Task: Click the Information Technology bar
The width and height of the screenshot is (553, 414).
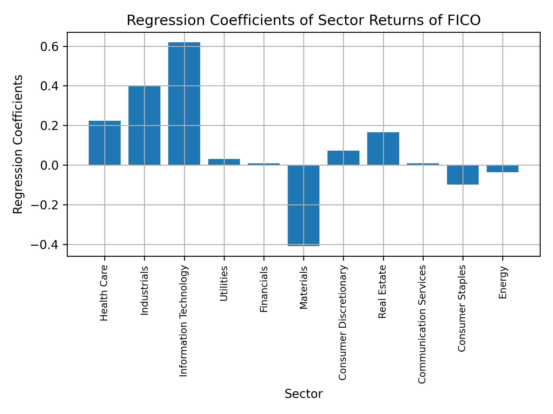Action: click(184, 103)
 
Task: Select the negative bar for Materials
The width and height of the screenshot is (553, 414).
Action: click(304, 205)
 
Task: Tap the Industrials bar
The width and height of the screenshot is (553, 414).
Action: click(144, 125)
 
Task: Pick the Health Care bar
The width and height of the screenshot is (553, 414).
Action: click(105, 143)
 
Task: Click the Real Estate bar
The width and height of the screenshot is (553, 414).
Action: click(383, 149)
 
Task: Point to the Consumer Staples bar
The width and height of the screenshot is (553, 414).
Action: click(463, 175)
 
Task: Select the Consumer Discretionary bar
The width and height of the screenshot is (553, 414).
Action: click(343, 158)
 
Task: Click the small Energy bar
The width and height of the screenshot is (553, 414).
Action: click(503, 169)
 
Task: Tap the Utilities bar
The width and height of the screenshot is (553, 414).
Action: click(224, 162)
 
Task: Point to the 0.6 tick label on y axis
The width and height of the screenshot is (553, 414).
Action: click(50, 47)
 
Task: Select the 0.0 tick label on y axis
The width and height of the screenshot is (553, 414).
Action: click(50, 165)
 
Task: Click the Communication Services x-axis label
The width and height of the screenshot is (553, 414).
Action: click(422, 324)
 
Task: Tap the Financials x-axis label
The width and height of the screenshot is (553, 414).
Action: click(264, 289)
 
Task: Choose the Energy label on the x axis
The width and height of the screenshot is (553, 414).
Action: click(503, 283)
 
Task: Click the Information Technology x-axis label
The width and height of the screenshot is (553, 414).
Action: click(184, 321)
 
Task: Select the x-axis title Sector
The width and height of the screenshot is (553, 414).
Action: click(304, 394)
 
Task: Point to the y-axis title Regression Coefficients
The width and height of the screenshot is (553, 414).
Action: click(18, 144)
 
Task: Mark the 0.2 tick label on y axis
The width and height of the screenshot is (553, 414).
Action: click(50, 126)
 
